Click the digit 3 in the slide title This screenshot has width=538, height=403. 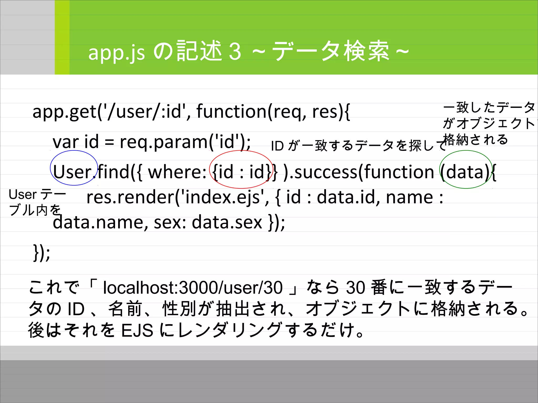[235, 52]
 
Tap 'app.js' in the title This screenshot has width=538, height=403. [116, 53]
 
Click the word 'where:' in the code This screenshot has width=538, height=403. [177, 172]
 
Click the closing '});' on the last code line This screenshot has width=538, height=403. [42, 253]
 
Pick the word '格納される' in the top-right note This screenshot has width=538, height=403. [475, 139]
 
